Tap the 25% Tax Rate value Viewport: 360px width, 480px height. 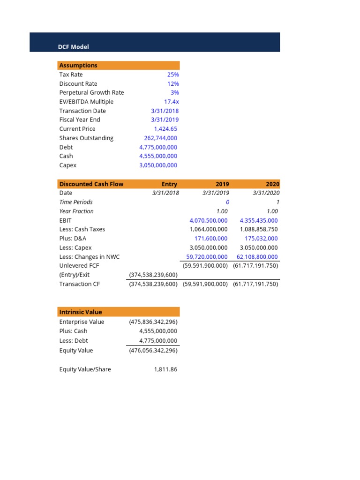point(172,75)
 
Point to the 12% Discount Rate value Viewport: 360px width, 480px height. point(172,83)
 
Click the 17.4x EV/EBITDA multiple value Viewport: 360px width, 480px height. point(171,102)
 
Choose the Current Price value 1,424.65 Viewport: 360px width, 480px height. point(165,129)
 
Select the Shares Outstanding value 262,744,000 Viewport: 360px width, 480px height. point(160,138)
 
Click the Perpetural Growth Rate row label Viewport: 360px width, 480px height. point(91,92)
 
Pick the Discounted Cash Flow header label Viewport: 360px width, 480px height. point(91,184)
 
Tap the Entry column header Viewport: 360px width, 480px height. point(169,184)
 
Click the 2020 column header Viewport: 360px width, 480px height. point(272,184)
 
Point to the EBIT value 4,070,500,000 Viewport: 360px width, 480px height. point(208,220)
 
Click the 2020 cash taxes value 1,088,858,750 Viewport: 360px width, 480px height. point(258,229)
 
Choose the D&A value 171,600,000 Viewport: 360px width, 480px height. point(211,238)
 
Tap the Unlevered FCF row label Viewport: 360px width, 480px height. point(79,265)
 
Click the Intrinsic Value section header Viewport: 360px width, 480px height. point(80,312)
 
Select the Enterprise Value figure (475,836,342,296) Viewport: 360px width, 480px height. point(153,322)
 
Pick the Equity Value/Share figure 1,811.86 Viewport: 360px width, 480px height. point(165,369)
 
